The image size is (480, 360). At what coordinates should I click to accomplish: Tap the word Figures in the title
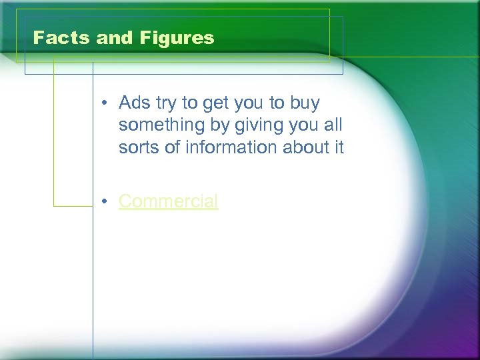(177, 38)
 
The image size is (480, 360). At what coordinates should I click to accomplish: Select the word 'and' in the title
(116, 38)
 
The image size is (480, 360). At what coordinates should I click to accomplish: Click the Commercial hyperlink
(168, 201)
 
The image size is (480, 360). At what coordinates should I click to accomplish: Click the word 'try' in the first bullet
(167, 103)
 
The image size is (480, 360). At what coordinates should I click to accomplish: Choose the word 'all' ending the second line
(333, 125)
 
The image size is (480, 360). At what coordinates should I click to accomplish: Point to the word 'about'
(307, 147)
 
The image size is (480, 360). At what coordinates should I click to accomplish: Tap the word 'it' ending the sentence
(339, 147)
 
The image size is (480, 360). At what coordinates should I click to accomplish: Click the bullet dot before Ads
(105, 104)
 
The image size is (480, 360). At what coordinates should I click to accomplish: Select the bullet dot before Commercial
(105, 202)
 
